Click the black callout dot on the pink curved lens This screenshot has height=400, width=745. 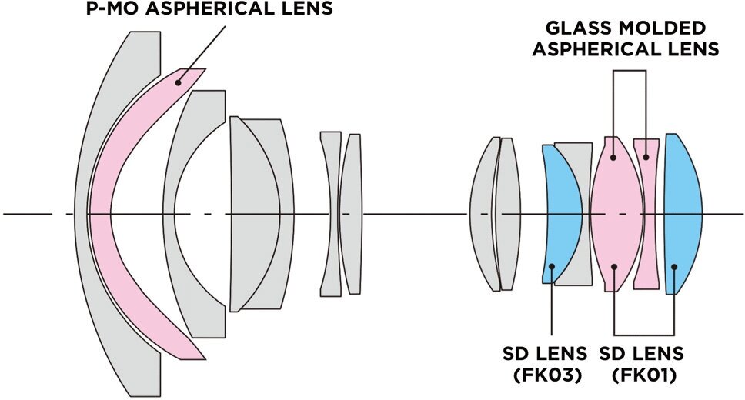click(178, 82)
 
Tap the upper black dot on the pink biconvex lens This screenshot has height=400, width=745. click(613, 158)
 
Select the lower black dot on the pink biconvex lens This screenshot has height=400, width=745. click(614, 268)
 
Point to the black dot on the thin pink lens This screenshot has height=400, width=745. click(646, 158)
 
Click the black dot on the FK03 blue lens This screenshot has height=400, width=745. click(551, 268)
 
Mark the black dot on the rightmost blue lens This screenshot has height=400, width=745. click(674, 268)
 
